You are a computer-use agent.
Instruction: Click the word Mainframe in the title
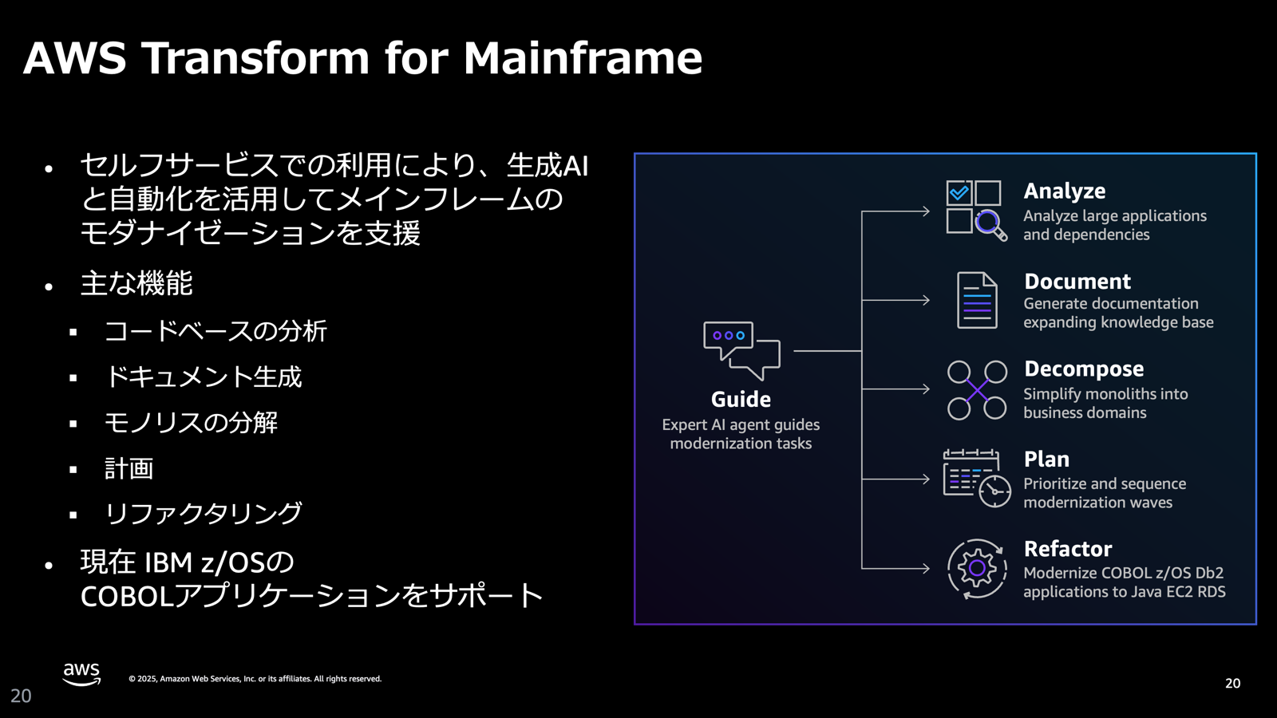[583, 58]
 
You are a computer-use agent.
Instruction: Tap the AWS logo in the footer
[81, 674]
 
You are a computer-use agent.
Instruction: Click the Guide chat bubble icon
[741, 349]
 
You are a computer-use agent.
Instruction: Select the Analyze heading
[1064, 191]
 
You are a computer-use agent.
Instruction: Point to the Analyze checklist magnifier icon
[975, 211]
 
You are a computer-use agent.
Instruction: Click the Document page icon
[977, 300]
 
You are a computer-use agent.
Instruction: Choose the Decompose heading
[1083, 369]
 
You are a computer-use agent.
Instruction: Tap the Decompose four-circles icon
[976, 390]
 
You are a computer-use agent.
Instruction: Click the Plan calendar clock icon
[976, 478]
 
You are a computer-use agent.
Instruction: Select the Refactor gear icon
[976, 569]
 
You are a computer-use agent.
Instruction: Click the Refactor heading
[1067, 549]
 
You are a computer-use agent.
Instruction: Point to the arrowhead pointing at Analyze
[925, 211]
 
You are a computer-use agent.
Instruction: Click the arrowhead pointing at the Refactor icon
[925, 569]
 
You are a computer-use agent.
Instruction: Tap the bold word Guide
[741, 399]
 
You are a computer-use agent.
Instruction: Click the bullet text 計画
[128, 468]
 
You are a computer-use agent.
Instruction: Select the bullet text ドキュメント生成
[203, 377]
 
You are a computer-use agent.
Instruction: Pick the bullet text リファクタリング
[203, 513]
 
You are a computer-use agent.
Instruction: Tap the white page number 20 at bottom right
[1232, 684]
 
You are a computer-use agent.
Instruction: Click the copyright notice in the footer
[255, 679]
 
